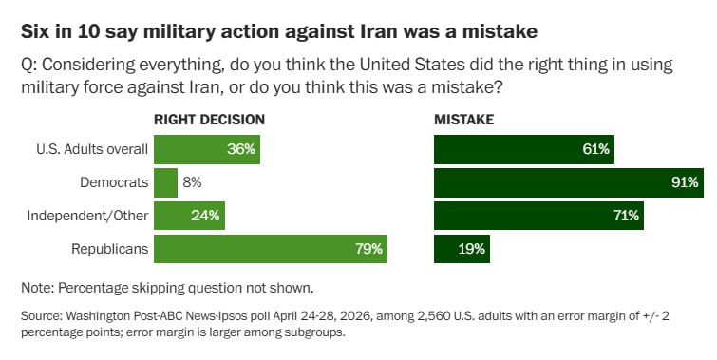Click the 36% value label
tap(241, 149)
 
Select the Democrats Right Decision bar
tap(165, 182)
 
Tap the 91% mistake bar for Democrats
tap(569, 182)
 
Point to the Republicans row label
tap(110, 249)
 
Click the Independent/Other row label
tap(87, 216)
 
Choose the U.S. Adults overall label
tap(92, 149)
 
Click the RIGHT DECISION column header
tap(210, 120)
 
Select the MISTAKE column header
tap(464, 120)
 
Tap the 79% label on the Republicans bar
tap(369, 249)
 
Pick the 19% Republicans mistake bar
tap(462, 249)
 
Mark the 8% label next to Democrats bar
tap(192, 182)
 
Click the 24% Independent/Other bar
tap(189, 216)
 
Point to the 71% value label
tap(626, 216)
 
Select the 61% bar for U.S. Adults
tap(524, 149)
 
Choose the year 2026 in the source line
tap(338, 316)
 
